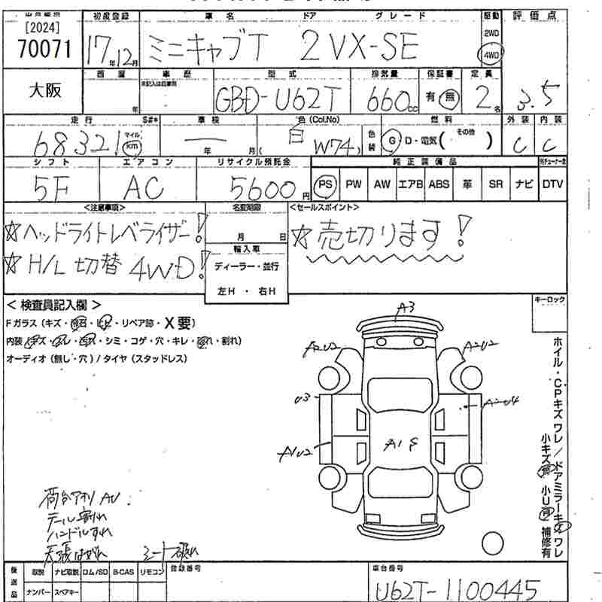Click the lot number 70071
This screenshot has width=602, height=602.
click(x=44, y=49)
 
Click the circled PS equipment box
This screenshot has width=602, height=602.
click(x=325, y=184)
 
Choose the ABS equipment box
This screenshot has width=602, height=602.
click(x=438, y=184)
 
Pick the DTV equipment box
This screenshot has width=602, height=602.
click(x=552, y=184)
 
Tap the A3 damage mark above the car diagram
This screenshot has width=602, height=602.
click(x=407, y=306)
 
